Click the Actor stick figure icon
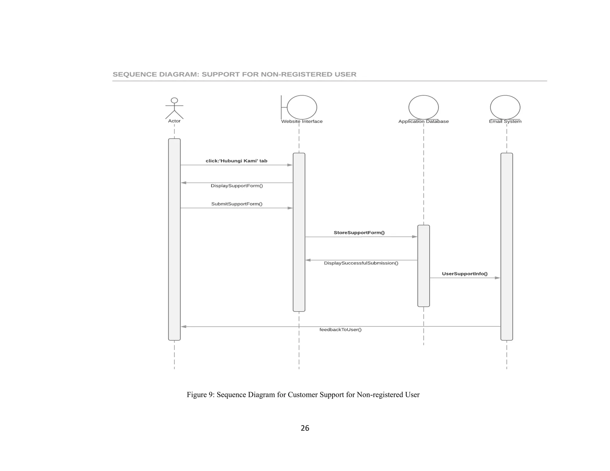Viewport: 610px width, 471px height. [x=174, y=108]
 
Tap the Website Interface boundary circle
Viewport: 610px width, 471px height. [x=301, y=107]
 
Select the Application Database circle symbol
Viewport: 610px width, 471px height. [x=423, y=107]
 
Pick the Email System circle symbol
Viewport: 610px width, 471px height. [x=505, y=107]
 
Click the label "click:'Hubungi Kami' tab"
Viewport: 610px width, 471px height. [x=236, y=161]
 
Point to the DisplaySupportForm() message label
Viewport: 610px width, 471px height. [x=237, y=186]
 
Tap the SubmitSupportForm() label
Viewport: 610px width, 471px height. [x=237, y=204]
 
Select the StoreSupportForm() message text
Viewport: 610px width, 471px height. [x=359, y=233]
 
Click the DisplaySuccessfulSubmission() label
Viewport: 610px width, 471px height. [x=361, y=263]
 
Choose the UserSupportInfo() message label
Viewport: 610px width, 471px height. [x=465, y=274]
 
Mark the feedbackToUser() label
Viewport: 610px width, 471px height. [x=340, y=330]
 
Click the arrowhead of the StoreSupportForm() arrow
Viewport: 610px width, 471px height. [x=414, y=237]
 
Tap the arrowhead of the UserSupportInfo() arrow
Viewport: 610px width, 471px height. [x=497, y=278]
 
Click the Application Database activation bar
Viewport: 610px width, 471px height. [x=423, y=266]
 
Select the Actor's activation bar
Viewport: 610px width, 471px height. [x=174, y=239]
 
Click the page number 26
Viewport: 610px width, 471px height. [x=305, y=428]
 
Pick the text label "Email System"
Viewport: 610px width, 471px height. [x=505, y=121]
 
